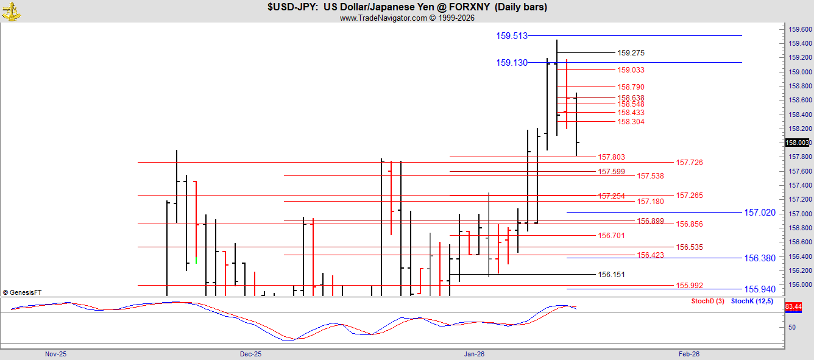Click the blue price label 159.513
[x=511, y=36]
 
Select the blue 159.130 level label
[x=511, y=63]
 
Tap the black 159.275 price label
[x=631, y=53]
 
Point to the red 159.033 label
[x=631, y=70]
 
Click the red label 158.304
[x=631, y=122]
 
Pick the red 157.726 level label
[x=689, y=163]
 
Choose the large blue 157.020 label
[x=760, y=213]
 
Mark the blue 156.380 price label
[x=760, y=258]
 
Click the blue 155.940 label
[x=760, y=289]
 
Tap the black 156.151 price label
[x=611, y=275]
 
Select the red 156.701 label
[x=611, y=236]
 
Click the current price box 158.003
[x=798, y=143]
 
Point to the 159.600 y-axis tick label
[x=800, y=29]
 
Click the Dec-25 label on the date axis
[x=250, y=354]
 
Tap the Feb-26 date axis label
[x=689, y=354]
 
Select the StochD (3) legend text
[x=707, y=302]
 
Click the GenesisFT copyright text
[x=22, y=293]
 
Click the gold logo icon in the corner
[x=12, y=11]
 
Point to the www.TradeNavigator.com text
[x=383, y=18]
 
